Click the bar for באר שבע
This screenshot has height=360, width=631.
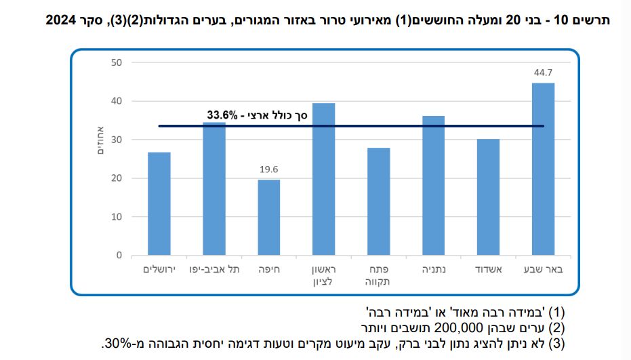[x=543, y=169]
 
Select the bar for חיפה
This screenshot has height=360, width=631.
[x=269, y=218]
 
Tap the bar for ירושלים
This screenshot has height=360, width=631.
[x=159, y=204]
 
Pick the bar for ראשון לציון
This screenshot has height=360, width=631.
[x=323, y=180]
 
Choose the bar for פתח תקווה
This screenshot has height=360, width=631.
[x=378, y=201]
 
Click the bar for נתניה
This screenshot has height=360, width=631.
[x=433, y=186]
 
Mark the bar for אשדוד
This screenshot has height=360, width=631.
[x=488, y=197]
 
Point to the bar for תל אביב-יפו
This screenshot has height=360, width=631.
[x=214, y=189]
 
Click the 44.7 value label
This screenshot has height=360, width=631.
[x=543, y=73]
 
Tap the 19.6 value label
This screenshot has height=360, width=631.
[x=269, y=169]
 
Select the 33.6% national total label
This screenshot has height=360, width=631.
[x=258, y=116]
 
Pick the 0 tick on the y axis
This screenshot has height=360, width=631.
[x=119, y=256]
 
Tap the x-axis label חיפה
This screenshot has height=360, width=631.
[x=269, y=269]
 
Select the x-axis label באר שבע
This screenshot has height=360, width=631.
[x=543, y=269]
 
